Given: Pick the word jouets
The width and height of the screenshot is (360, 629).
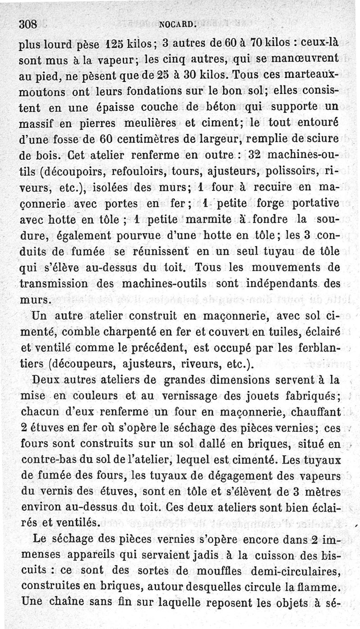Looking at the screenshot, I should tap(259, 396).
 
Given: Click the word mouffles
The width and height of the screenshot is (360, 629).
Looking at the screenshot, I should tap(211, 572).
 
